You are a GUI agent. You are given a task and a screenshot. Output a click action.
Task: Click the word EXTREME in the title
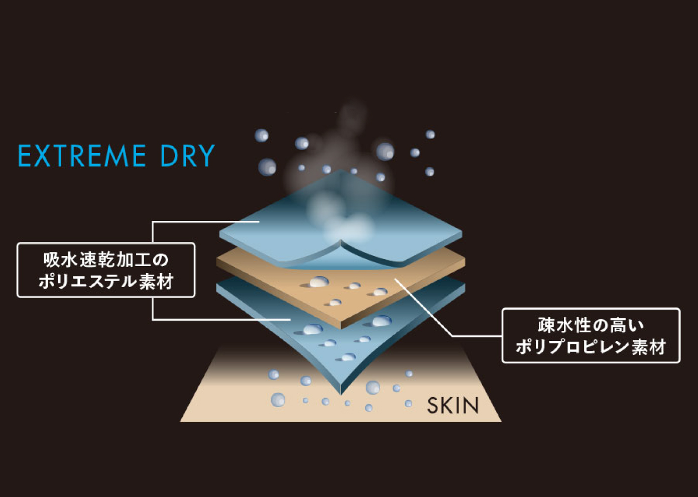82,156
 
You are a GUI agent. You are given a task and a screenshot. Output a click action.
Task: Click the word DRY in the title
188,156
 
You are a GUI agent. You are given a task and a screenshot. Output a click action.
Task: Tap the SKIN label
453,406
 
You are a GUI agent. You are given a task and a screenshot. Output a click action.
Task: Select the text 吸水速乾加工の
106,260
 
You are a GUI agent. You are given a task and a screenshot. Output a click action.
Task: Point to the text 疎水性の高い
591,325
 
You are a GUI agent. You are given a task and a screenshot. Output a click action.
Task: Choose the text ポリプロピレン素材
591,347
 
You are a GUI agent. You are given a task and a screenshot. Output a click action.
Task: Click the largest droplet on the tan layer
319,282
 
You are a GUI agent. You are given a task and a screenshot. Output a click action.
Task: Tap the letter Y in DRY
206,156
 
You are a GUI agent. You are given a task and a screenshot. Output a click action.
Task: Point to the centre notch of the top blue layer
341,240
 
